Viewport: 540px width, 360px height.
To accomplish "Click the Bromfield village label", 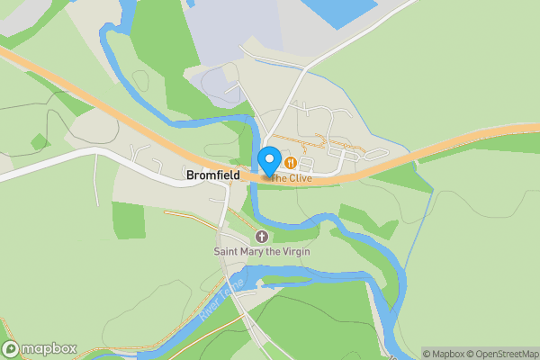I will click(211, 175).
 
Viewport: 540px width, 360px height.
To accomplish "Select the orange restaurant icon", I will click(291, 163).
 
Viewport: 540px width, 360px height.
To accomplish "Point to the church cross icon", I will click(262, 237).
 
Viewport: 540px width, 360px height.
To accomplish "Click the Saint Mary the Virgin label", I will click(262, 251).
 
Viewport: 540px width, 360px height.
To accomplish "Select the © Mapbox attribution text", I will click(444, 354).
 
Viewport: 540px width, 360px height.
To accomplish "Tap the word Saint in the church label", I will click(226, 251).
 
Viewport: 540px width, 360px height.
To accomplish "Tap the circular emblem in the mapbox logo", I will click(11, 349).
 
